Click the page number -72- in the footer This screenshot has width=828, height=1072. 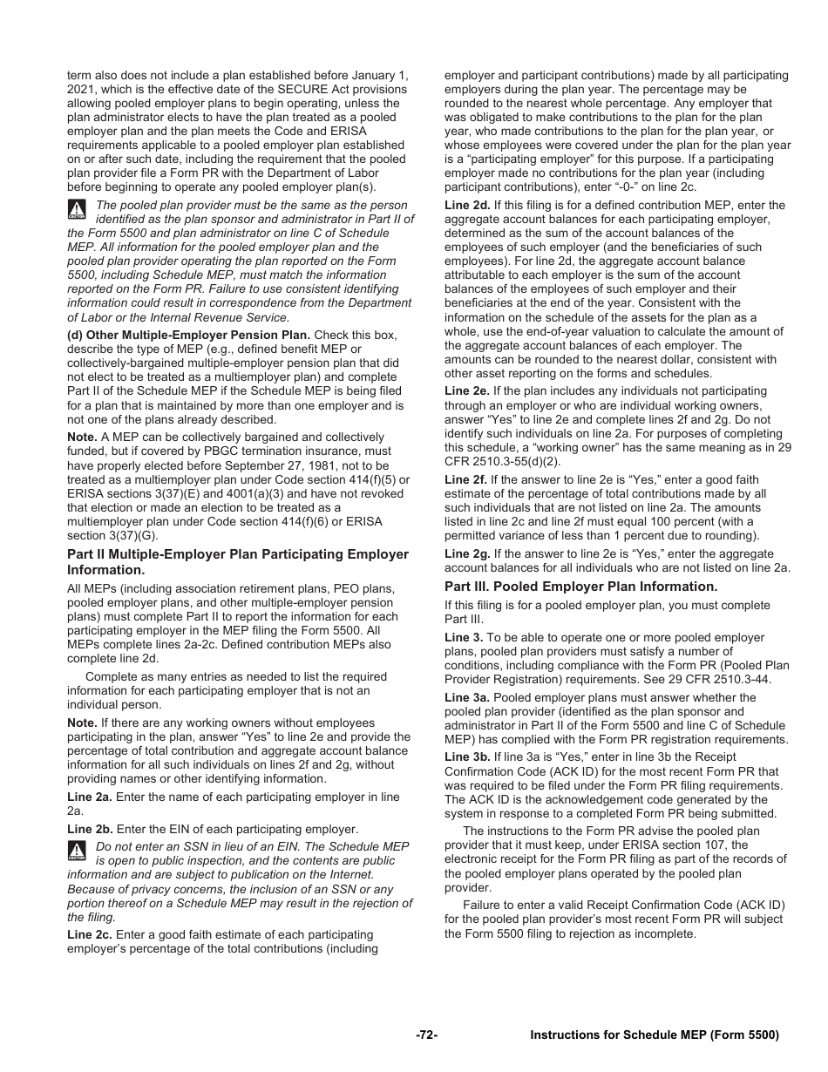[426, 1035]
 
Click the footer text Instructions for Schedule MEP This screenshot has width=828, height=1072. [654, 1035]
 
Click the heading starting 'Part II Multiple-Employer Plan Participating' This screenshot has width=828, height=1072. [237, 554]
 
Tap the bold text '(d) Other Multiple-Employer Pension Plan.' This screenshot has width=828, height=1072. [188, 335]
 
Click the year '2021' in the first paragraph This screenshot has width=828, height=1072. [82, 90]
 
